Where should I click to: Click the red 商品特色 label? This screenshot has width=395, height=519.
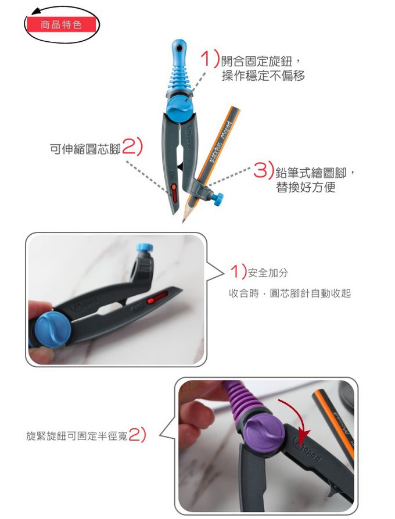pyautogui.click(x=60, y=25)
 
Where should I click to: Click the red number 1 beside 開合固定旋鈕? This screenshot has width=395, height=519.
pyautogui.click(x=208, y=59)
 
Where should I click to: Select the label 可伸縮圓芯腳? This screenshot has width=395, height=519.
pyautogui.click(x=85, y=149)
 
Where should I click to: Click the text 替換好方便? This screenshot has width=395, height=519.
pyautogui.click(x=306, y=188)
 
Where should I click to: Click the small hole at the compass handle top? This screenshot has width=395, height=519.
pyautogui.click(x=179, y=45)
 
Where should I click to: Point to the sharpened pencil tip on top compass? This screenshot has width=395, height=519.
pyautogui.click(x=185, y=219)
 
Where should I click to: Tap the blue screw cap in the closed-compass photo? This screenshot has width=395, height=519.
pyautogui.click(x=142, y=248)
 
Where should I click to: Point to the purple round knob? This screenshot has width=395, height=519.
pyautogui.click(x=265, y=434)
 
